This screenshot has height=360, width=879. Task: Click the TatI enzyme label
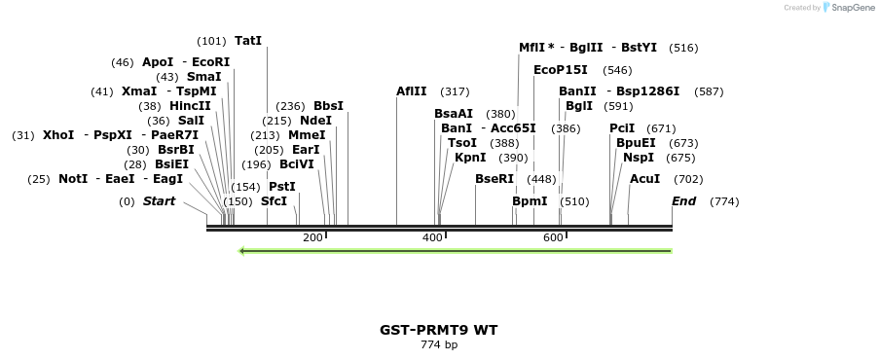coord(248,41)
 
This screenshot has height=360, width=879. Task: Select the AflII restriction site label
coord(412,91)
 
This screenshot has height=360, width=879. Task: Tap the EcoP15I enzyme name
coord(561,70)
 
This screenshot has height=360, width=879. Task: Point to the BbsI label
coord(328,106)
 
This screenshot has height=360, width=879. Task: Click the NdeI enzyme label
coord(315,121)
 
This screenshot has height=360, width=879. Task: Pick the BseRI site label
coord(494,179)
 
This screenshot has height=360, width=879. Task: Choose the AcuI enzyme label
coord(644,179)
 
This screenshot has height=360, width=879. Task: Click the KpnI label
coord(470,158)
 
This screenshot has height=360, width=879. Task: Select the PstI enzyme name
coord(282,187)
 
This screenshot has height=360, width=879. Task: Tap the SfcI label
coord(274,201)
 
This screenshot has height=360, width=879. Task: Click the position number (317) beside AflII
coord(455,91)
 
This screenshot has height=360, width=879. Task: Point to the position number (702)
coord(688,179)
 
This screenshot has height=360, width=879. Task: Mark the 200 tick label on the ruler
coord(312,238)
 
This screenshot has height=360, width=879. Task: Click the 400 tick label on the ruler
coord(432,238)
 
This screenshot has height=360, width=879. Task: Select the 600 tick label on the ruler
coord(553,238)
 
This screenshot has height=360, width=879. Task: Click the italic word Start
coord(159,201)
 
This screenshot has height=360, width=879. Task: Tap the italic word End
coord(683,201)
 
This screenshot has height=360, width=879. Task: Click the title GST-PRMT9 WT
coord(438,330)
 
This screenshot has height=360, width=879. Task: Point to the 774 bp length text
coord(439,344)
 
